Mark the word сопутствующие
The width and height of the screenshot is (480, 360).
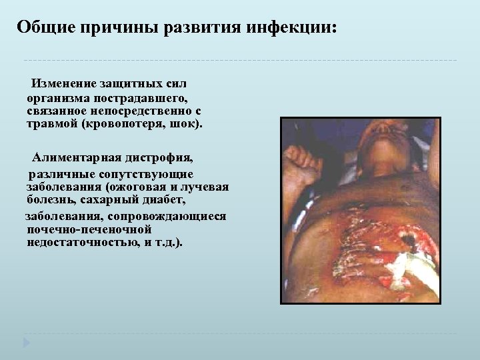(x=157, y=173)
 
